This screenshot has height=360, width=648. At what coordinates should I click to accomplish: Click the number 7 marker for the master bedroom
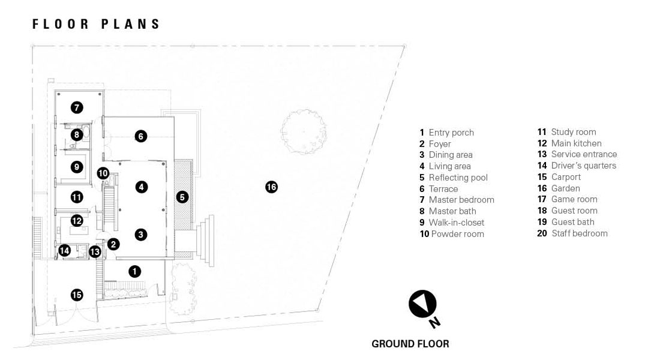(x=76, y=107)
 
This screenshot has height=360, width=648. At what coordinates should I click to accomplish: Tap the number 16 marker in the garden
(x=271, y=187)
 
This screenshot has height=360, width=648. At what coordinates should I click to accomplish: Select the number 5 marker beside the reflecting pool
(x=182, y=197)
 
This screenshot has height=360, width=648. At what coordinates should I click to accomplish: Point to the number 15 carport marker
(x=76, y=295)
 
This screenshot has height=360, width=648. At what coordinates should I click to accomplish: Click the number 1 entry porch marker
(x=134, y=271)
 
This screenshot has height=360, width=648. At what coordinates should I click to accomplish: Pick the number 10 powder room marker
(x=103, y=173)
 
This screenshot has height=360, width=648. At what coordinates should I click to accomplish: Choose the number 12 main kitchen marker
(x=76, y=221)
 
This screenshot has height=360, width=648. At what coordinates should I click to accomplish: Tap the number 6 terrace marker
(x=140, y=136)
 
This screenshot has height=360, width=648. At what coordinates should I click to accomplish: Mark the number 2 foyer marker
(x=113, y=244)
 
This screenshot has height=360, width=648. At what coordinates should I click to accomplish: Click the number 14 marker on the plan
(x=64, y=250)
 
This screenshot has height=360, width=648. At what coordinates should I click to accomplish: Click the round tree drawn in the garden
(x=304, y=131)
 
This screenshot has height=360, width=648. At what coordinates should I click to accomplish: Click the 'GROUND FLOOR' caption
(x=410, y=344)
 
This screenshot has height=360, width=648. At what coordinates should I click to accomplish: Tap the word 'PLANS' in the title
(x=130, y=24)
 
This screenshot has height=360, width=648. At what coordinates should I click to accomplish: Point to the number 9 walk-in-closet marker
(x=76, y=167)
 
